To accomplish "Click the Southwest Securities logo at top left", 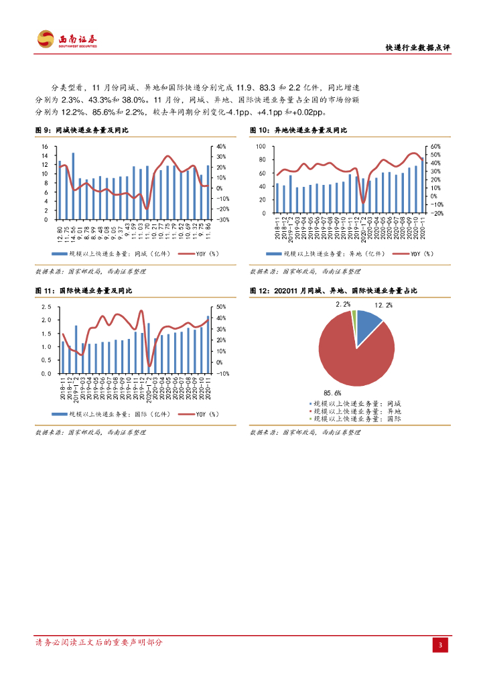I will point(66,40).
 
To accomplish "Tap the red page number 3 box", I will point(440,644).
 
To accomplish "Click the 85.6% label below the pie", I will point(332,393).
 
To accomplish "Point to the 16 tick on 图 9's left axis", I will point(45,146).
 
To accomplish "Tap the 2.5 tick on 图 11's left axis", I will point(47,306).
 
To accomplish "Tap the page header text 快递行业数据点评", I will point(418,48).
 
